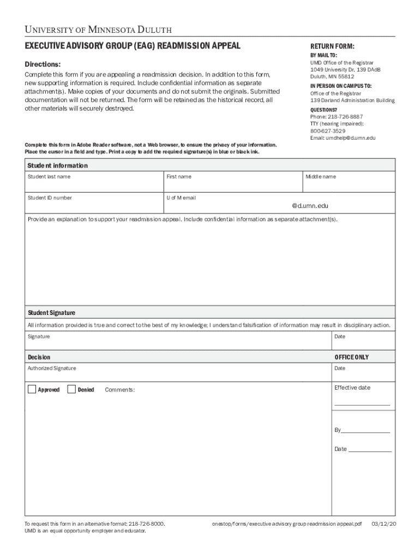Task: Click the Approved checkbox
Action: (32, 389)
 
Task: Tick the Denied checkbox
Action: (71, 389)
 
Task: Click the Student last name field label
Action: (49, 177)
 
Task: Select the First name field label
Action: (179, 177)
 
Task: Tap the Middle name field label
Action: (320, 177)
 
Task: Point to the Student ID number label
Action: (50, 198)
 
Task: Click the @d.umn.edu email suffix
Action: (310, 206)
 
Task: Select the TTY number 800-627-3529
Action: (328, 131)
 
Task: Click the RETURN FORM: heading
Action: (332, 47)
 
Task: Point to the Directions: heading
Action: (46, 64)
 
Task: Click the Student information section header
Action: (58, 165)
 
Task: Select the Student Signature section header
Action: (52, 313)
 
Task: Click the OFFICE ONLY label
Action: (351, 357)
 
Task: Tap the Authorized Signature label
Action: (52, 368)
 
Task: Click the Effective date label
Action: (352, 388)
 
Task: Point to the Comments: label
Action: (119, 390)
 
